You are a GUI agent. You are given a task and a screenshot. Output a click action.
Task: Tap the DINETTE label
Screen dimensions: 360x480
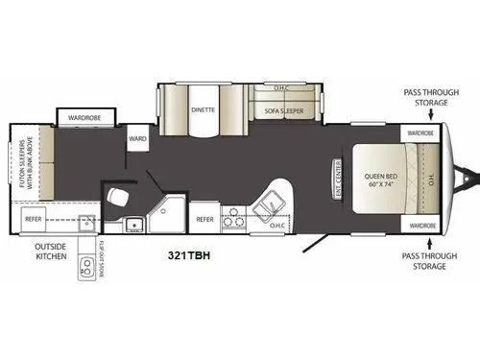pyautogui.click(x=202, y=109)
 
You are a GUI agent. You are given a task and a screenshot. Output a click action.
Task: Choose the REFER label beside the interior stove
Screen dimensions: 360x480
pyautogui.click(x=204, y=220)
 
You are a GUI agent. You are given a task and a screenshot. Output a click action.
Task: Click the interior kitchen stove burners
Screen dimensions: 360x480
pyautogui.click(x=232, y=220)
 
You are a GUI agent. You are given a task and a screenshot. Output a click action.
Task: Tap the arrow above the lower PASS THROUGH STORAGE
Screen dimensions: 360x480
pyautogui.click(x=422, y=242)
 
